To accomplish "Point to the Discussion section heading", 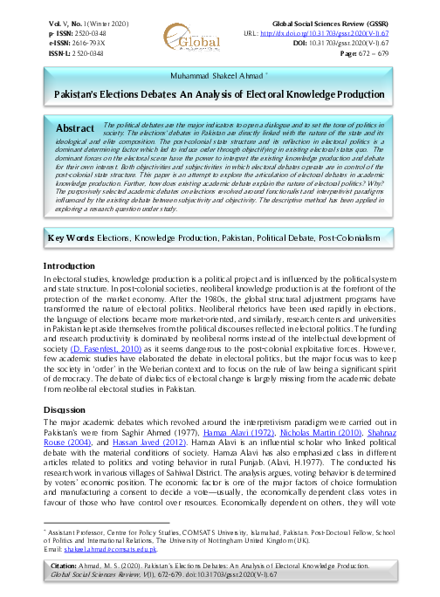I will coord(68,408).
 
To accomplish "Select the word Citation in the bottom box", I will coord(72,567).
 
